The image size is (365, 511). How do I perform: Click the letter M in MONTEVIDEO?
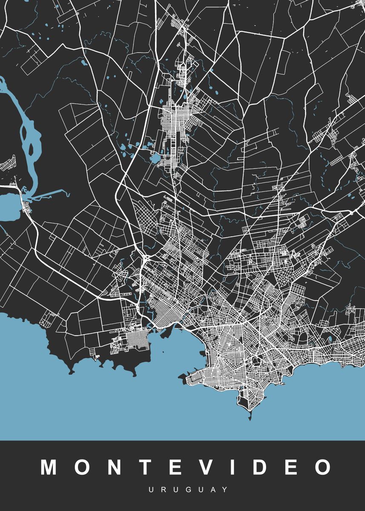click(50, 467)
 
